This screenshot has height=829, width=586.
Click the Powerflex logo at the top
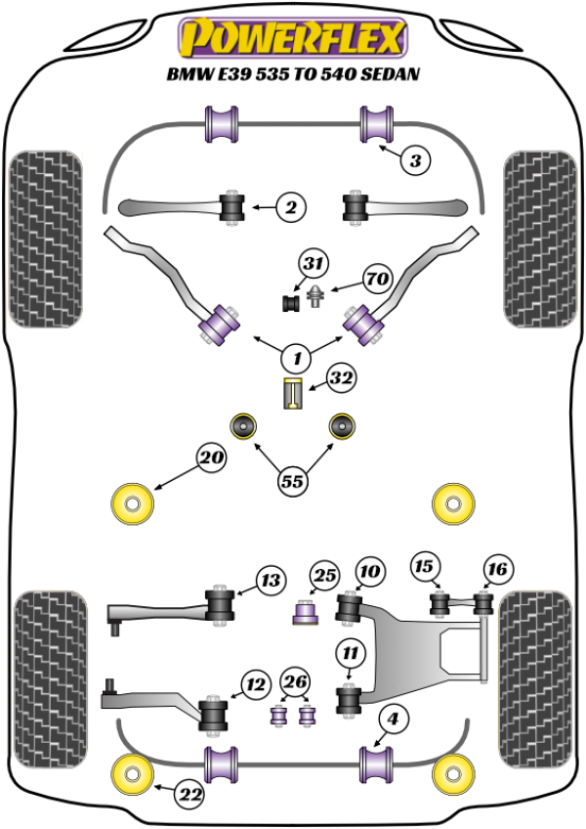(291, 38)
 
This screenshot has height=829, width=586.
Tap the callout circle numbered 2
(290, 206)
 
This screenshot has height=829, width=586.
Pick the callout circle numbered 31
(313, 264)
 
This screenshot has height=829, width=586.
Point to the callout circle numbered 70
(376, 280)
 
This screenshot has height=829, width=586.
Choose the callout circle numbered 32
(342, 377)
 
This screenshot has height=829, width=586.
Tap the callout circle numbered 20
(210, 457)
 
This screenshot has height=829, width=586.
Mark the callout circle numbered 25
(324, 577)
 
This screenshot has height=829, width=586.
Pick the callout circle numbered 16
(496, 569)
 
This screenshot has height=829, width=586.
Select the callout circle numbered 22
(191, 797)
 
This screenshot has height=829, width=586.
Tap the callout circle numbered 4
(393, 720)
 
